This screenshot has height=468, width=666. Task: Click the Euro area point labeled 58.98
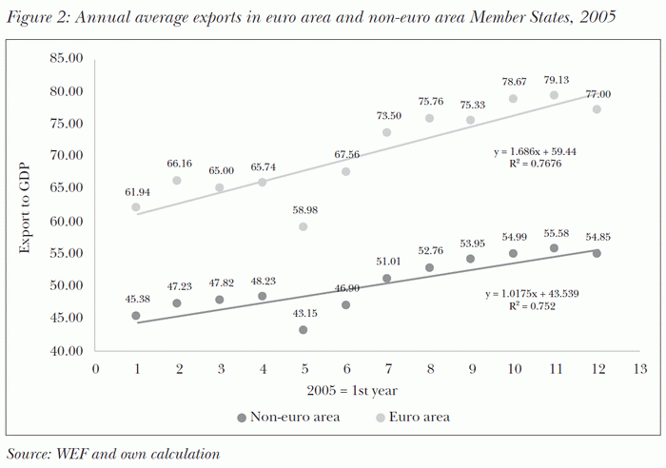(x=303, y=226)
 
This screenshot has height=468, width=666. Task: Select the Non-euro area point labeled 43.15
(x=303, y=330)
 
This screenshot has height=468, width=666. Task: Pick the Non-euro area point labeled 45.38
(x=136, y=315)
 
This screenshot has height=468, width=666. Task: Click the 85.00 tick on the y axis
(x=72, y=58)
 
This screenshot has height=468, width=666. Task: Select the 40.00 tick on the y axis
(x=72, y=351)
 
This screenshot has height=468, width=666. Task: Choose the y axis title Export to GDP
(x=28, y=205)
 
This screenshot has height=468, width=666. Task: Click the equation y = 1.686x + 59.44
(x=542, y=150)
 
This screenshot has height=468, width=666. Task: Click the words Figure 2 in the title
(x=36, y=17)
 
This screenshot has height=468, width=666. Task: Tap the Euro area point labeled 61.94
(x=136, y=206)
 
